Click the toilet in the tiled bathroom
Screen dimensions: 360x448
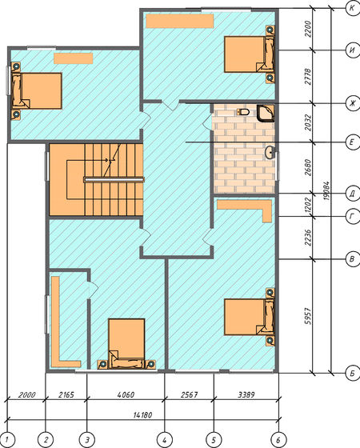coord(243,112)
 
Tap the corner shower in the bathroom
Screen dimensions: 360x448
coord(266,114)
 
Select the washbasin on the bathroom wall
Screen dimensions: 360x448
coord(270,153)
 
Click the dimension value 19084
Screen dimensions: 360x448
coord(327,191)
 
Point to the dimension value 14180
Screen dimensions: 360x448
coord(142,415)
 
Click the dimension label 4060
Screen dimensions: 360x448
coord(126,395)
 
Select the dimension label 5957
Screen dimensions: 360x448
coord(308,316)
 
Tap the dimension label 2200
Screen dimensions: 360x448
coord(308,29)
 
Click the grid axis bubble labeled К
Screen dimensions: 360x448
coord(352,8)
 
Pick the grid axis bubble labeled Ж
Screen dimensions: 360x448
coord(352,103)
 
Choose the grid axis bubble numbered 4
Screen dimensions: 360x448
coord(165,439)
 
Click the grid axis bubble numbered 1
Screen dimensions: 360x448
coord(7,439)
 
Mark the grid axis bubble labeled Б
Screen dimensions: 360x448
coord(352,373)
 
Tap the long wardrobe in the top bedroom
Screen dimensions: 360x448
coord(180,21)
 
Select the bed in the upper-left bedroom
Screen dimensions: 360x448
coord(37,91)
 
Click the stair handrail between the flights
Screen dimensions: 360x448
coord(114,180)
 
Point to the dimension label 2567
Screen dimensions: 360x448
coord(189,395)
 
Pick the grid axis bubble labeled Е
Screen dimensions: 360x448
coord(352,142)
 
